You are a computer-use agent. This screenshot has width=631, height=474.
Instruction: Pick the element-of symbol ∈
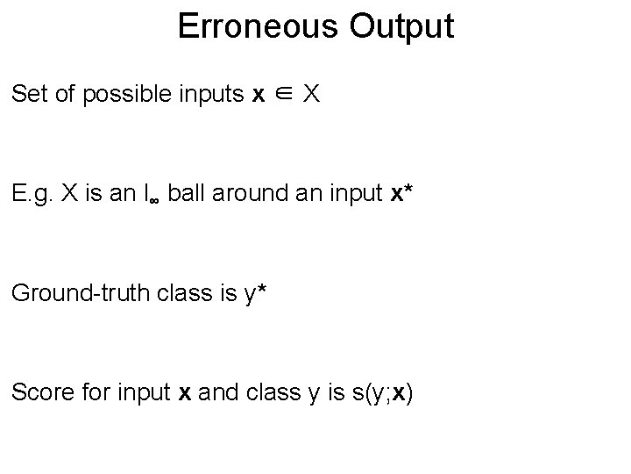pyautogui.click(x=280, y=94)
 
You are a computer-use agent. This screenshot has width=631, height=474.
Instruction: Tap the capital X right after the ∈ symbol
pyautogui.click(x=311, y=94)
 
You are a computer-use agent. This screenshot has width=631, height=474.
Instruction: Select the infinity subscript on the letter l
pyautogui.click(x=152, y=198)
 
